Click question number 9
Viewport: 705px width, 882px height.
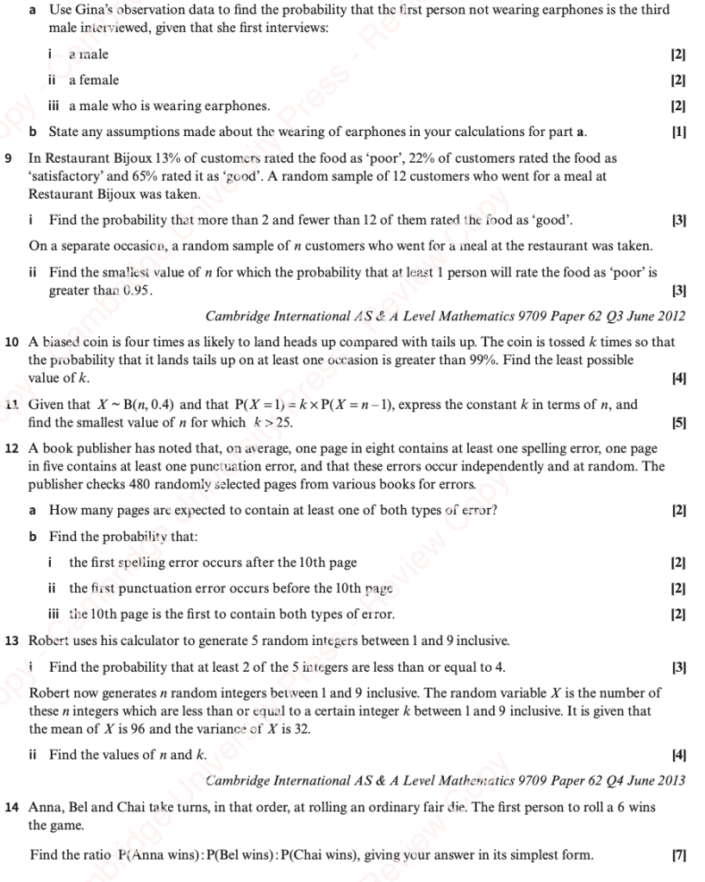8,158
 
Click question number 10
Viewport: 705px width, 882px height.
11,342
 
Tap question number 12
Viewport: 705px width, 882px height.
11,449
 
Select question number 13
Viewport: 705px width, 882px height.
11,641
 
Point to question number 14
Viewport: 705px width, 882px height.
11,808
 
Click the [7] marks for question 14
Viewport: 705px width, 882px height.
678,855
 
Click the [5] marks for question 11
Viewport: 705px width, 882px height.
678,422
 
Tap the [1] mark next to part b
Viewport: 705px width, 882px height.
678,132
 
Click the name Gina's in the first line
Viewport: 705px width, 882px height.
95,9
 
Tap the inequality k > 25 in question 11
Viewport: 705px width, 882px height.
273,422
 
